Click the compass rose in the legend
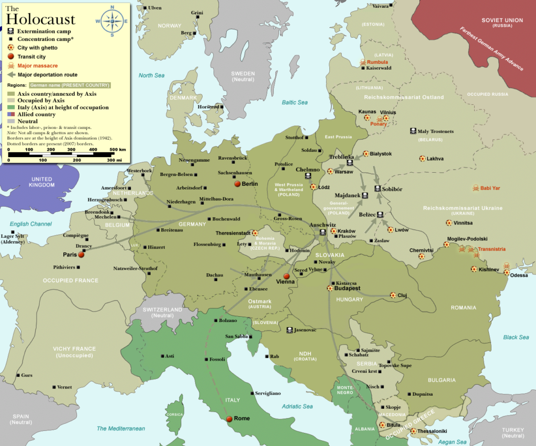click(x=111, y=21)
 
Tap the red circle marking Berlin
click(x=237, y=184)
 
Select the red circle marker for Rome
click(x=229, y=419)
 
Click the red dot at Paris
click(x=81, y=255)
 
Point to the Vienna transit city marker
click(x=286, y=276)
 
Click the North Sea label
click(x=151, y=75)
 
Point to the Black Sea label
click(x=516, y=338)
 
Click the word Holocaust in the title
click(x=41, y=20)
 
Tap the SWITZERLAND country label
click(x=162, y=310)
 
